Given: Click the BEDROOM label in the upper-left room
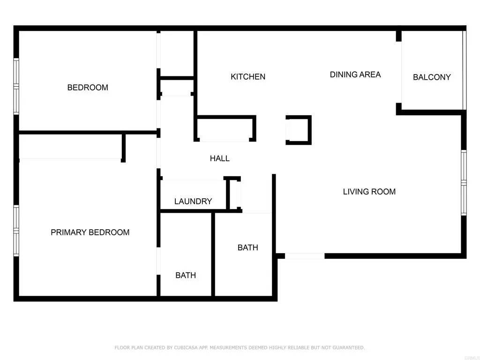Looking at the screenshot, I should point(88,88).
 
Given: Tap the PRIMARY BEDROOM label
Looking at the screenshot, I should point(90,232).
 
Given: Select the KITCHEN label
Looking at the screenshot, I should point(248,77).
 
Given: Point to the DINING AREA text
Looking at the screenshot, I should point(355,75).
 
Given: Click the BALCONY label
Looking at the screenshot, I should point(432,77).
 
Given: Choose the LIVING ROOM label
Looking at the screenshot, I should point(369,192).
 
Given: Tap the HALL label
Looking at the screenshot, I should point(220,159).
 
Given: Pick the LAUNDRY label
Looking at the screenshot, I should point(193,202).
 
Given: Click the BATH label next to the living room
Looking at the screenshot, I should point(247,247).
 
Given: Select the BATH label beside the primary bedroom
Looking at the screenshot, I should point(186,276).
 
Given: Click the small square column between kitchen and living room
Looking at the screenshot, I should point(299,130).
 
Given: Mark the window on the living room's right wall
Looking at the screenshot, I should point(463,183).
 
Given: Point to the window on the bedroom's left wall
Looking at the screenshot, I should point(16,86).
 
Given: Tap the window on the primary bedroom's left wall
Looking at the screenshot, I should point(16,231).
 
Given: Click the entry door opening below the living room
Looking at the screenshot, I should point(305,256).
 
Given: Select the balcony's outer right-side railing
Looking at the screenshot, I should point(465,70).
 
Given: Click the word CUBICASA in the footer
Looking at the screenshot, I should point(173,348).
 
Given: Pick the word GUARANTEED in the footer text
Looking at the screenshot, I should point(349,348).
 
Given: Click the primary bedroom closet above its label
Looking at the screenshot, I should point(70,147).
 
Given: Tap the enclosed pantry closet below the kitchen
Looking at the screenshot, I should point(225,129).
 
